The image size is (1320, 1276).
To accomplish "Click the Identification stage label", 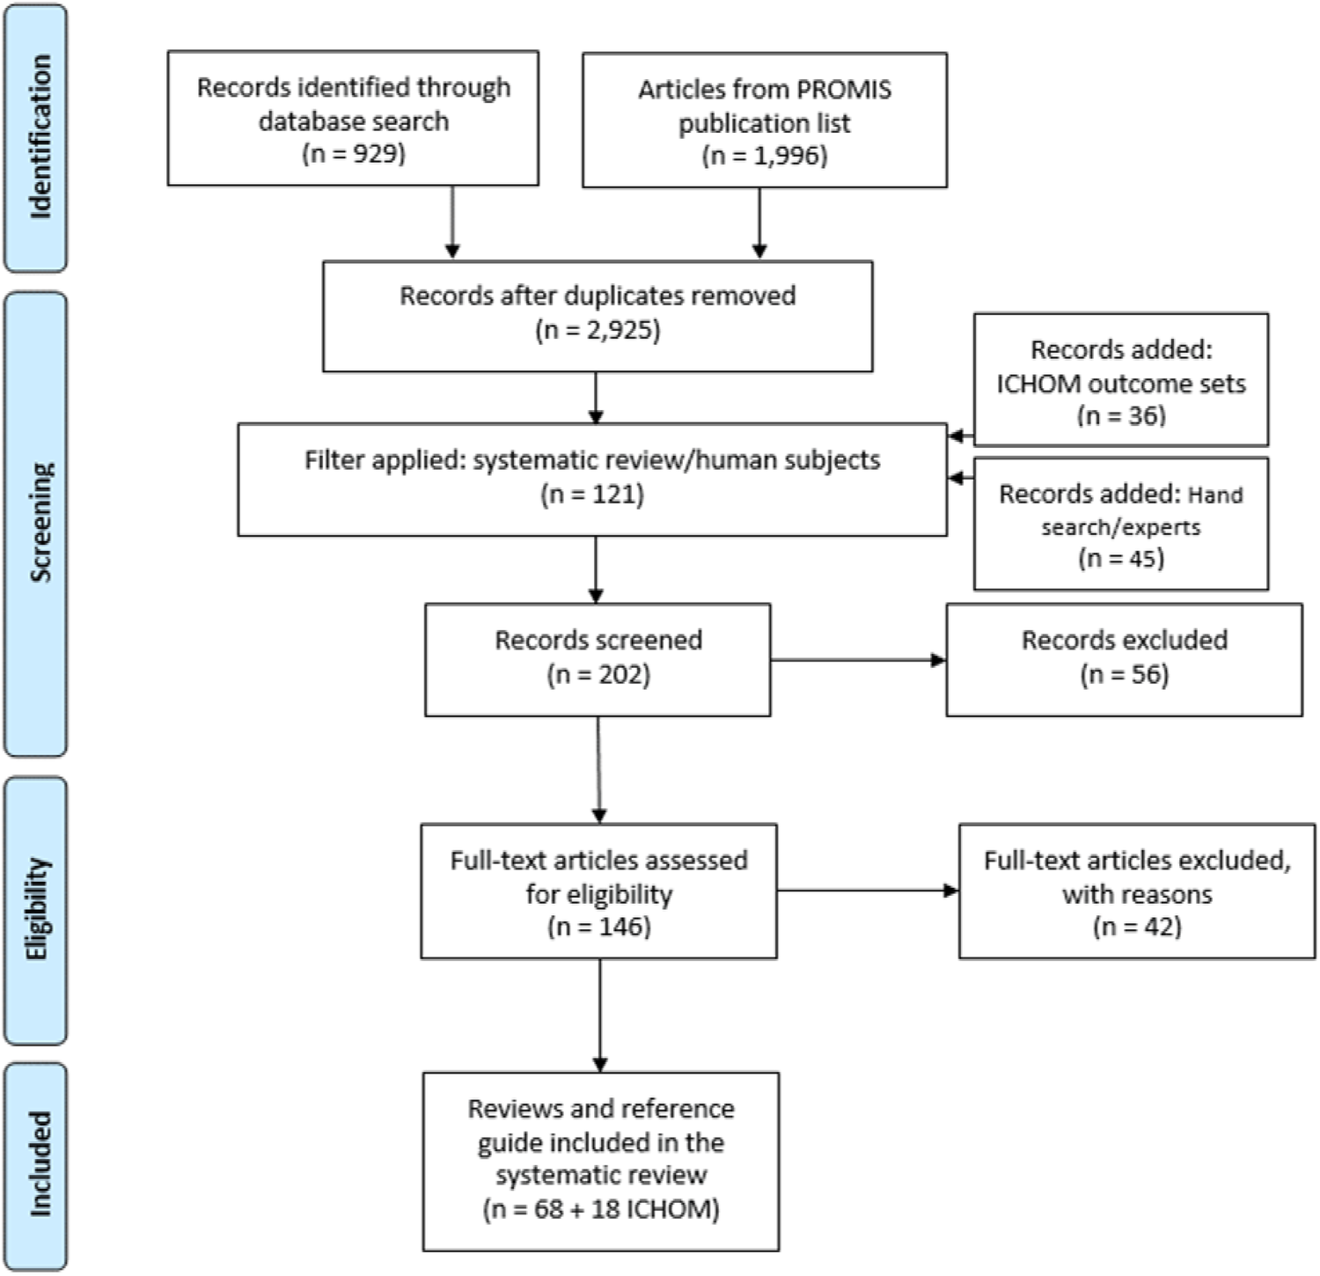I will coord(40,136).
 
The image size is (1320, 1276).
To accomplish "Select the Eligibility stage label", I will coord(38,908).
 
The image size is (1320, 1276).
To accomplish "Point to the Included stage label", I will coord(40,1164).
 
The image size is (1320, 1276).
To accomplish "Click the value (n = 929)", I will coord(353,154).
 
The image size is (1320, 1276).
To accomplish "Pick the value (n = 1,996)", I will coord(764,156).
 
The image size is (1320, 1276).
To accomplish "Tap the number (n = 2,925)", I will coord(598,331).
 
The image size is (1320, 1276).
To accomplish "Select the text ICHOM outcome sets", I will coord(1120,384).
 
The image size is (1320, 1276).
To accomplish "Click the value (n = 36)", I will coord(1120,415).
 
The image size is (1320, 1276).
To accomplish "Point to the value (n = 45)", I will coord(1120,559).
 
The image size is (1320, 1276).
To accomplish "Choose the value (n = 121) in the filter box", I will coord(591,495).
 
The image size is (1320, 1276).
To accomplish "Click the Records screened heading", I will coord(598,640).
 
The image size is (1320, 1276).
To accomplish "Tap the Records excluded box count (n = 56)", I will coord(1124,675).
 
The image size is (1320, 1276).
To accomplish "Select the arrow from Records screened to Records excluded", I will coord(857,660).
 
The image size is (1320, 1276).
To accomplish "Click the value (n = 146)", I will coord(598,927).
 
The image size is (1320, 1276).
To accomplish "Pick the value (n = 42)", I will coord(1136,927).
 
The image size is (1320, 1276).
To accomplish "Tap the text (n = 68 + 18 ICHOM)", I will coord(600,1209).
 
